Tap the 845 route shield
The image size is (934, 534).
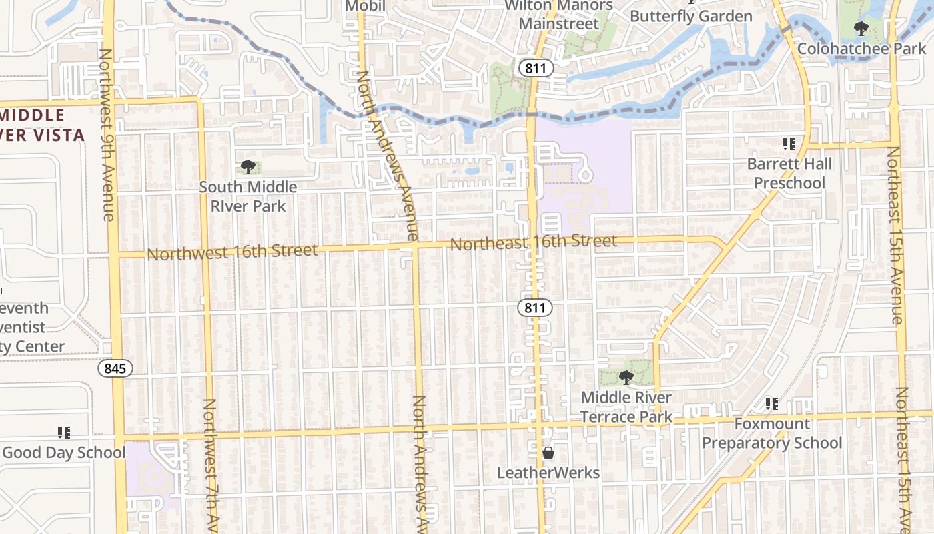[x=115, y=368]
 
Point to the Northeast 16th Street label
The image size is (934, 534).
[x=534, y=242]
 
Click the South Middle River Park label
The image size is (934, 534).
[x=248, y=196]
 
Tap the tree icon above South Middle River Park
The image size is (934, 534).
[x=248, y=167]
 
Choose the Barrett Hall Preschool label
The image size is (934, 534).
[x=789, y=174]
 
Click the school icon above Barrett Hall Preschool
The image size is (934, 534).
[x=789, y=144]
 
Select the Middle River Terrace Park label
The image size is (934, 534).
[x=626, y=407]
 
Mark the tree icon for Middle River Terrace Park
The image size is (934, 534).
[x=626, y=378]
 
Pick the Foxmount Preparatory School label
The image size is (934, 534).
[x=772, y=433]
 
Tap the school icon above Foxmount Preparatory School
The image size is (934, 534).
[x=772, y=404]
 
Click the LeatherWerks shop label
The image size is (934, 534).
[x=548, y=473]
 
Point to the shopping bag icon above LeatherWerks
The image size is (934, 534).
[x=548, y=453]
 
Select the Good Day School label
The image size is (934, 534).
[x=64, y=453]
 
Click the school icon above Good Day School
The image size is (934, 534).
[x=64, y=433]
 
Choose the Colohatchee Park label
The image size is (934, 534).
[x=862, y=49]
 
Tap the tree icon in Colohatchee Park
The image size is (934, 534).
[x=861, y=29]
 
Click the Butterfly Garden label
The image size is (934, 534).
[x=691, y=16]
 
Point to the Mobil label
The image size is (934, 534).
[x=365, y=6]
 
